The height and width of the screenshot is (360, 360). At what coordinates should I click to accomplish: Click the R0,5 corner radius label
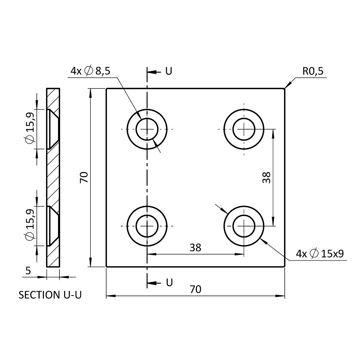[x=313, y=71]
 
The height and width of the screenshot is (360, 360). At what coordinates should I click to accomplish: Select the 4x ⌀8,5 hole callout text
[x=90, y=71]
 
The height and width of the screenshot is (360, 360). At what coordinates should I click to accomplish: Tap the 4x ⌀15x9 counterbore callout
[x=320, y=254]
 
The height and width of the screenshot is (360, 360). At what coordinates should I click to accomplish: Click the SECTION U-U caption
[x=50, y=295]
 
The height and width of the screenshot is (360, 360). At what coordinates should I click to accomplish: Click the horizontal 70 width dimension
[x=195, y=289]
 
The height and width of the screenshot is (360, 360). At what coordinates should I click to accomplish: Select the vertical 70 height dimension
[x=84, y=177]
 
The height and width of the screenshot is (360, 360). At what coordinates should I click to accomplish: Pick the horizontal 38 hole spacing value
[x=195, y=247]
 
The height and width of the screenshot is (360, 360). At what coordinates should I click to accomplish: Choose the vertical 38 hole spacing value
[x=266, y=177]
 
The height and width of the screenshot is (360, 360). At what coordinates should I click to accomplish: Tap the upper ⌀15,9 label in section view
[x=30, y=129]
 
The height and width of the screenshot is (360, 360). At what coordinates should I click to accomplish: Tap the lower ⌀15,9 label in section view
[x=30, y=225]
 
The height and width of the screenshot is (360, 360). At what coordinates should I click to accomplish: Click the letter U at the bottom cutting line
[x=169, y=283]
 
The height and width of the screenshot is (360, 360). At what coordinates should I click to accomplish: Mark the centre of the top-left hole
[x=147, y=129]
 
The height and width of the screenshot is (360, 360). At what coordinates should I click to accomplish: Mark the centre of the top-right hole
[x=244, y=129]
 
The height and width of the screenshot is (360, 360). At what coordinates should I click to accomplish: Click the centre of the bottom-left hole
[x=147, y=226]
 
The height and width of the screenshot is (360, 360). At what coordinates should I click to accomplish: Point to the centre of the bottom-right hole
[x=244, y=226]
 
